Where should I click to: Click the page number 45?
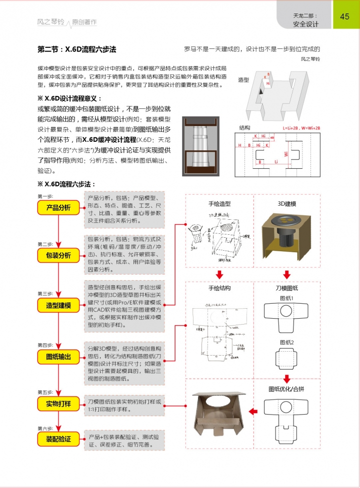344,16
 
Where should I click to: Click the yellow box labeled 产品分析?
58,208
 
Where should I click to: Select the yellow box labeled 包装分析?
58,256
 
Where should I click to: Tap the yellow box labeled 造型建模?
58,305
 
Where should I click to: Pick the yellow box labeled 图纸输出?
58,357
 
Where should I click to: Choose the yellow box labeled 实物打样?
58,403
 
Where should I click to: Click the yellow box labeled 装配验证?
58,440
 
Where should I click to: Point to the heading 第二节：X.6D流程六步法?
77,49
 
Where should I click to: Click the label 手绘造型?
219,204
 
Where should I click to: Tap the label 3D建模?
287,204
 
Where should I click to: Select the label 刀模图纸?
287,288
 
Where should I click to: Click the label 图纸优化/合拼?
287,389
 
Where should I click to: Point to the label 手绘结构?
219,288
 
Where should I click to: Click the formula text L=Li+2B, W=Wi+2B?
301,128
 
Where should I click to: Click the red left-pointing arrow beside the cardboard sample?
253,412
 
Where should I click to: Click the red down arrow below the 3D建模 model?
287,274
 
